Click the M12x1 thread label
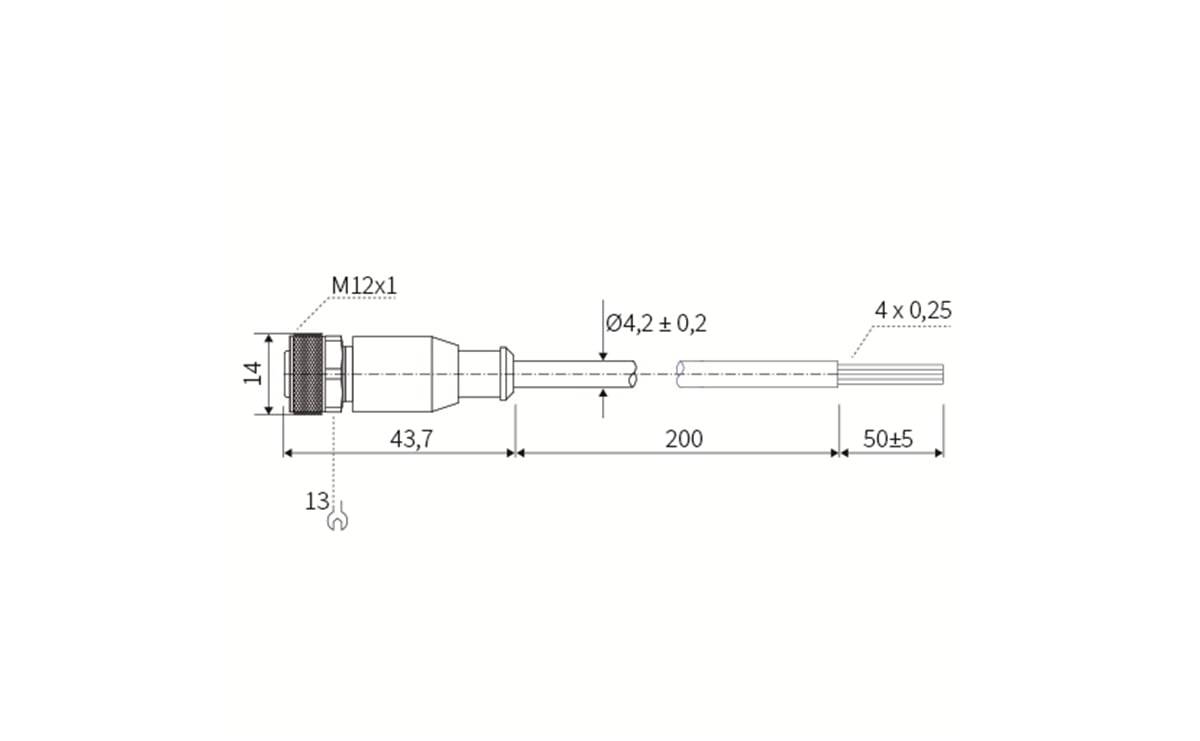(x=364, y=286)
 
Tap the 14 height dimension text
(x=254, y=373)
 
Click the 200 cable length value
(x=684, y=438)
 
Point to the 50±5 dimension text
(x=888, y=438)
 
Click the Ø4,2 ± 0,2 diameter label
(x=656, y=323)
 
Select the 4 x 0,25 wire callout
(x=912, y=310)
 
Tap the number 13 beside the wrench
(x=317, y=501)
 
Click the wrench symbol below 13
(x=338, y=520)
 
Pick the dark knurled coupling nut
(x=306, y=374)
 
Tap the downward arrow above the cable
(x=604, y=352)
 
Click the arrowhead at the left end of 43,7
(x=290, y=452)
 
